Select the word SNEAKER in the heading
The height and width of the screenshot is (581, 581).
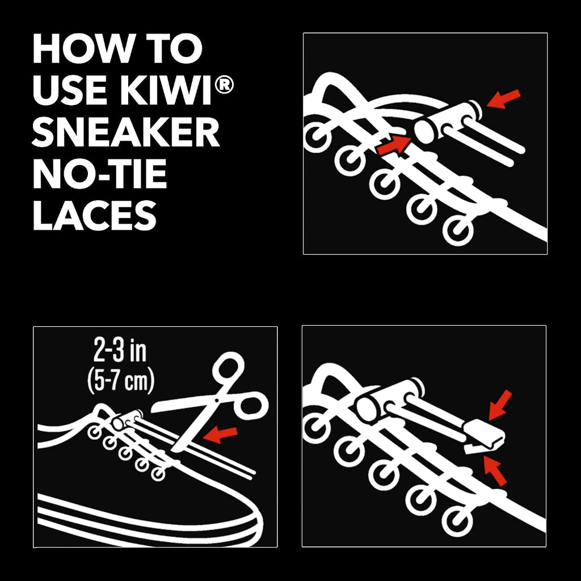[x=126, y=132]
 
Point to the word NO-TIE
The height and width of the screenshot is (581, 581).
[x=100, y=174]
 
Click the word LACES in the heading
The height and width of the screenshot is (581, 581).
[x=95, y=215]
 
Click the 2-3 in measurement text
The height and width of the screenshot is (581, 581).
[x=120, y=352]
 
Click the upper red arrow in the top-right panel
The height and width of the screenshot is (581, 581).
[x=503, y=99]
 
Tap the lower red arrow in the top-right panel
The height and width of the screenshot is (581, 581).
[x=394, y=144]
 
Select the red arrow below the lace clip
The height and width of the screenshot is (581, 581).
[x=495, y=470]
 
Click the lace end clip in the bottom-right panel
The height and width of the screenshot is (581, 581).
[x=485, y=437]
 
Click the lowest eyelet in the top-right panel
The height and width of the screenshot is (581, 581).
[x=458, y=230]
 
